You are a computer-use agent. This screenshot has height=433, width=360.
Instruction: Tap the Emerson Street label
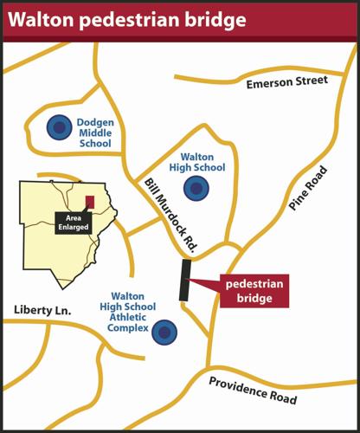(x=286, y=82)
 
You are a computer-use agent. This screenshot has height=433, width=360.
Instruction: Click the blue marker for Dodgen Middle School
(x=59, y=128)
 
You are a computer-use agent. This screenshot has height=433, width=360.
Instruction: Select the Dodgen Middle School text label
(x=95, y=133)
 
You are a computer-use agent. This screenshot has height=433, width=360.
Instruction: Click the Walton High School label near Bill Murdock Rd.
(x=202, y=161)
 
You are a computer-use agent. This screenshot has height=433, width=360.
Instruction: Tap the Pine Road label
(x=309, y=188)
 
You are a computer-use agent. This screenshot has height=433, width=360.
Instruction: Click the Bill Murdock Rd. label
(x=171, y=216)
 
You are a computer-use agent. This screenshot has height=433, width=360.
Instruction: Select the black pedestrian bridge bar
(x=184, y=280)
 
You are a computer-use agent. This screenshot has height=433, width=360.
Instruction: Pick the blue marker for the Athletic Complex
(x=164, y=330)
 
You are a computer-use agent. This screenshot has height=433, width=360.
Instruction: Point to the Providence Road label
(x=253, y=390)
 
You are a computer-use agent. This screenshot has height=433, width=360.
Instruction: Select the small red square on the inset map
(x=89, y=201)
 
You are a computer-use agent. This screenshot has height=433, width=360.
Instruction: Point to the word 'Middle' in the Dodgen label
(x=95, y=133)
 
